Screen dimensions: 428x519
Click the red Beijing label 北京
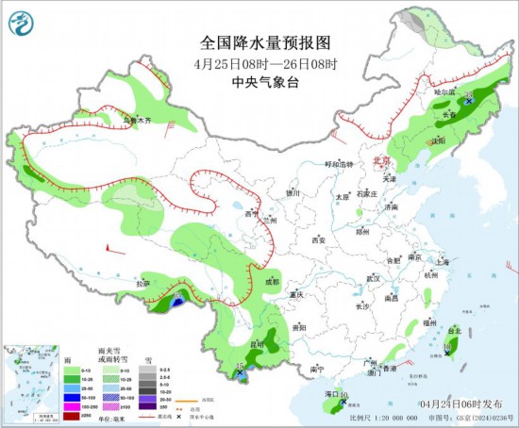point(381,161)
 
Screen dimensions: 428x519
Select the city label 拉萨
point(142,282)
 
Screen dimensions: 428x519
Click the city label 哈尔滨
point(444,92)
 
